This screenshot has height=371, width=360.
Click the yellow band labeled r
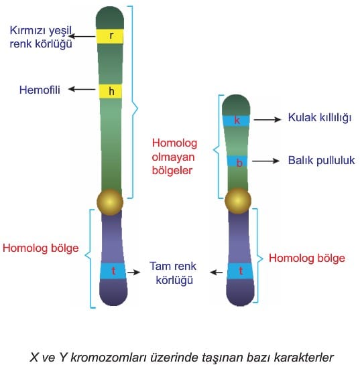tap(110, 36)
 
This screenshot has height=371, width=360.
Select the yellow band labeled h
tap(111, 91)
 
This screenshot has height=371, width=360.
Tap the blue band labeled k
tap(236, 121)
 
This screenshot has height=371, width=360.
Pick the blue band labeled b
tap(237, 161)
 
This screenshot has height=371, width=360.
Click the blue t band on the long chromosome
tap(113, 271)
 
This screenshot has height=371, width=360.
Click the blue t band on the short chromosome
tap(240, 271)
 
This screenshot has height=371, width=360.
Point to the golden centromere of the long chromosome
tap(110, 202)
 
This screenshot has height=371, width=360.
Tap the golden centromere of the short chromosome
tap(237, 201)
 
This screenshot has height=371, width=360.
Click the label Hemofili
tap(40, 90)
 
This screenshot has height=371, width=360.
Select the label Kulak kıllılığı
tap(320, 118)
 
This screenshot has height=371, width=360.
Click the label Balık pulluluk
tap(321, 161)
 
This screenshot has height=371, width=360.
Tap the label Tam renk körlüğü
tap(173, 273)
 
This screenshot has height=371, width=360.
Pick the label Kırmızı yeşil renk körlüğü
tap(41, 37)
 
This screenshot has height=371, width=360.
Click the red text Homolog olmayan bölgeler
tap(174, 157)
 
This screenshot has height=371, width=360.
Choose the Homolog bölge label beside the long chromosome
tap(40, 248)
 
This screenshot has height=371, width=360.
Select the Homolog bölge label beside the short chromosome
tap(307, 258)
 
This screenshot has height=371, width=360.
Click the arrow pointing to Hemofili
tap(82, 89)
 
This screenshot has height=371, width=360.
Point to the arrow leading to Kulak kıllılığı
tap(267, 119)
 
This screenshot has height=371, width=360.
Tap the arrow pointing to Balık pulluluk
tap(265, 161)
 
